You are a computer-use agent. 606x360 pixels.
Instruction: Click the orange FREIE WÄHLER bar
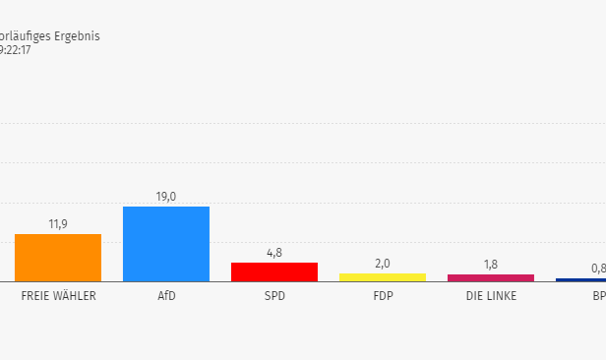click(x=58, y=258)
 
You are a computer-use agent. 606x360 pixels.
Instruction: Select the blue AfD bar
click(x=166, y=244)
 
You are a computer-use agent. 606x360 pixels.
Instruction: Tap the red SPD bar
click(x=274, y=271)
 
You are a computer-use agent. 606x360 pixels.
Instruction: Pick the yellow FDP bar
click(x=383, y=277)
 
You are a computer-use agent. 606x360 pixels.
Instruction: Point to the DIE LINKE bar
click(x=491, y=277)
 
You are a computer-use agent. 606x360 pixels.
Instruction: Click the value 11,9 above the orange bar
click(x=58, y=224)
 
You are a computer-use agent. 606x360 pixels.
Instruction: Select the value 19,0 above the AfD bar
click(x=166, y=197)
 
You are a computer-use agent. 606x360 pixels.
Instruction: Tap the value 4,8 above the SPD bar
click(x=274, y=253)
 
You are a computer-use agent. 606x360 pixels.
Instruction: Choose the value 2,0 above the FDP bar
click(x=383, y=264)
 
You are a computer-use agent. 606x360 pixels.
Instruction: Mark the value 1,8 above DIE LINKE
click(x=491, y=265)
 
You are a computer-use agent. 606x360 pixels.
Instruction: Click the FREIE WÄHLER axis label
click(x=58, y=296)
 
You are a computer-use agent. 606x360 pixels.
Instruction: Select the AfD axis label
click(x=166, y=296)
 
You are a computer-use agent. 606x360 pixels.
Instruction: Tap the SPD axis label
click(x=274, y=296)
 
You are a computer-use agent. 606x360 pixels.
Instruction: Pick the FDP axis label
click(x=383, y=296)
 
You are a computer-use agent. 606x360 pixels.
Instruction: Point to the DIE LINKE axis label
click(x=491, y=296)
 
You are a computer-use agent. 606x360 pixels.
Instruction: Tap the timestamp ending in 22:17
click(x=15, y=50)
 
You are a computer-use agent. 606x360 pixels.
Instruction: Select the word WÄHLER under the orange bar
click(x=77, y=296)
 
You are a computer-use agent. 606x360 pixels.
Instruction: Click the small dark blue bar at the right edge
click(x=581, y=279)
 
